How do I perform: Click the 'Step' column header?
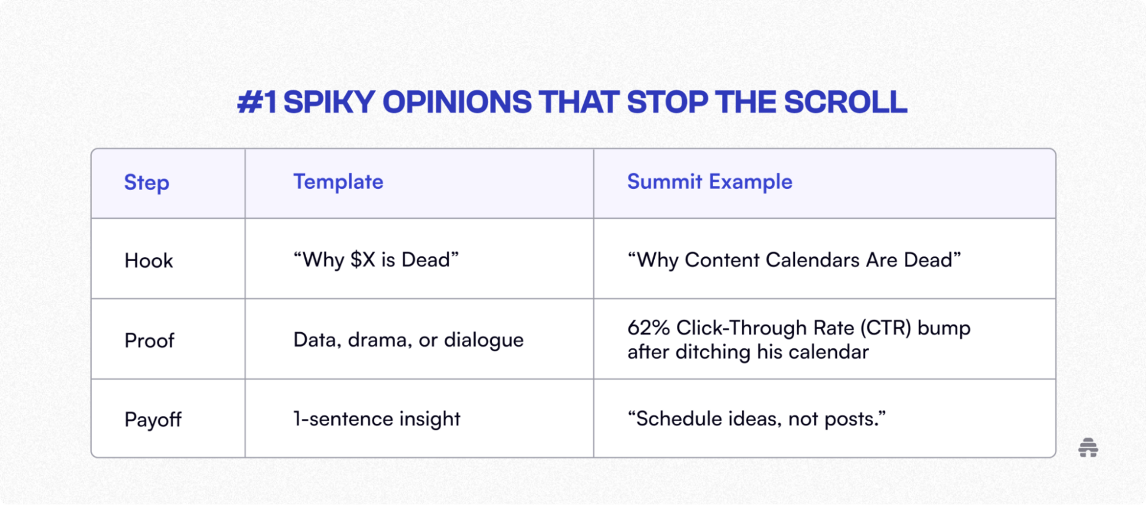(x=147, y=182)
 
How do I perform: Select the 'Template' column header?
(x=338, y=182)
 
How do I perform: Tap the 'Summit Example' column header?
(x=710, y=181)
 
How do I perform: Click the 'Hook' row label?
(x=149, y=261)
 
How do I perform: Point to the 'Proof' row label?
(x=149, y=341)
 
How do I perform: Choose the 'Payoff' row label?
(x=153, y=420)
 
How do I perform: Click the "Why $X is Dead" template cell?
(x=376, y=260)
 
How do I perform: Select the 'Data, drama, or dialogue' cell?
(x=408, y=339)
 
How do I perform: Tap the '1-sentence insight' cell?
(x=377, y=418)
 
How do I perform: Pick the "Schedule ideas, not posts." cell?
(x=756, y=418)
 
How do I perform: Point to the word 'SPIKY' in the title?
(x=329, y=102)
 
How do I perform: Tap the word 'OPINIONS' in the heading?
(x=457, y=102)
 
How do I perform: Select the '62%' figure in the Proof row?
(x=649, y=328)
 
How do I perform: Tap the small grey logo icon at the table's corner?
(x=1088, y=448)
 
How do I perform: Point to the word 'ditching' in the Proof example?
(x=713, y=352)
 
